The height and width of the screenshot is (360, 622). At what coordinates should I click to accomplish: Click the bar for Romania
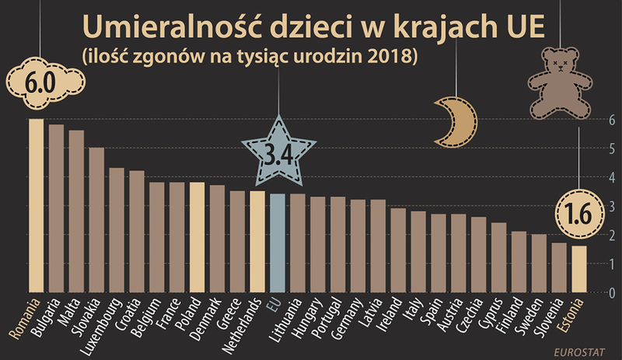[36, 206]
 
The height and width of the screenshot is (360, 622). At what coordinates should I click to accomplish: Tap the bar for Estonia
[578, 269]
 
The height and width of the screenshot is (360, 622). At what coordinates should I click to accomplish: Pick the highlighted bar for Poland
[197, 237]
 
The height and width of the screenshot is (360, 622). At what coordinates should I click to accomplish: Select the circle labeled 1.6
[578, 211]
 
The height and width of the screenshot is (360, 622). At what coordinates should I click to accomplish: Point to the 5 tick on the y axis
[613, 149]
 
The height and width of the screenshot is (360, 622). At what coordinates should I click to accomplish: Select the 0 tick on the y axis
[613, 293]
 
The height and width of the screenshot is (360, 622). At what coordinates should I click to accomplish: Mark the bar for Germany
[358, 246]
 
